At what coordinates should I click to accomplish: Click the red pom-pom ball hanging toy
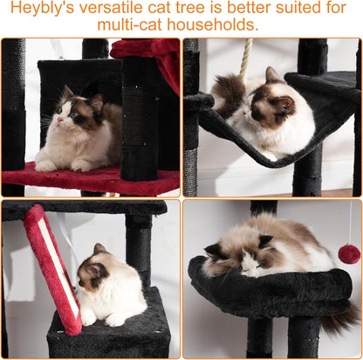click(x=349, y=253)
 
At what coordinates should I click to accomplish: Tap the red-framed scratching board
click(x=52, y=262)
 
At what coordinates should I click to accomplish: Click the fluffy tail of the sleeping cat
click(x=336, y=319)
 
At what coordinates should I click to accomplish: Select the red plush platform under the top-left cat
click(x=96, y=179)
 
